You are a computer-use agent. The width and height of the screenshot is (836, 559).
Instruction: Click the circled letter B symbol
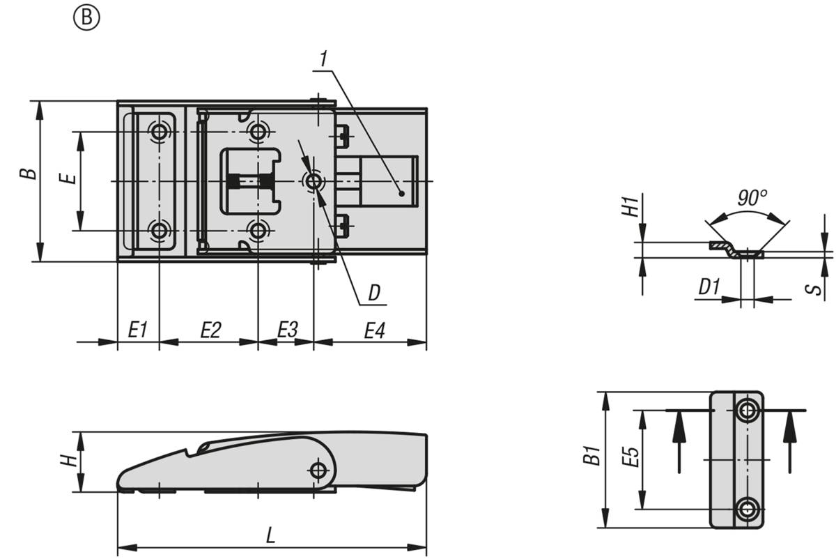pyautogui.click(x=86, y=17)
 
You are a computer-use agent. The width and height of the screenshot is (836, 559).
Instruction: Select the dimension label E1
pyautogui.click(x=138, y=330)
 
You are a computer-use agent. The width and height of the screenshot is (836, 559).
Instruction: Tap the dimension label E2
pyautogui.click(x=211, y=330)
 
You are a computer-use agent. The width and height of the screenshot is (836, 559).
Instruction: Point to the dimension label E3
pyautogui.click(x=288, y=330)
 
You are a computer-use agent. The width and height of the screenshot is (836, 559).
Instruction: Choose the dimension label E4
pyautogui.click(x=375, y=331)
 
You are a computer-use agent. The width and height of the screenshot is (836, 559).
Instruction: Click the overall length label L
pyautogui.click(x=270, y=535)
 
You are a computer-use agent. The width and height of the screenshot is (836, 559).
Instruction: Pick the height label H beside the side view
pyautogui.click(x=69, y=461)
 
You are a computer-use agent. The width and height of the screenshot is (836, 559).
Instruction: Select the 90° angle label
pyautogui.click(x=752, y=198)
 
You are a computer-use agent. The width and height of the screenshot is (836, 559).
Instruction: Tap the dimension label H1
pyautogui.click(x=630, y=207)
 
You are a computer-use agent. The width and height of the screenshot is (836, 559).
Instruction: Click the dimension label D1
pyautogui.click(x=709, y=287)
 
